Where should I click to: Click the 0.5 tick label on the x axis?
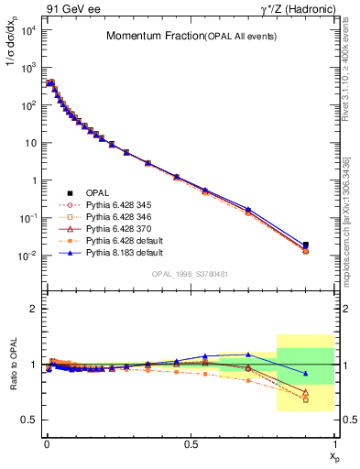pos(190,443)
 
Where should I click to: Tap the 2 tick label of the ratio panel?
pos(34,309)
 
